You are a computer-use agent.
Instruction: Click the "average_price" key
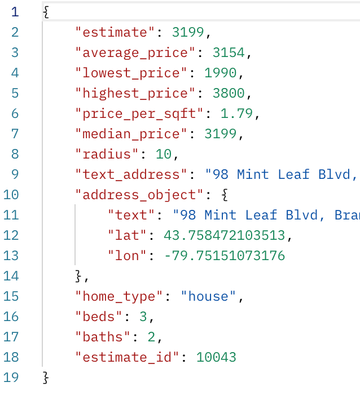(135, 52)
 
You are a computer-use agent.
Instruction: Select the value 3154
(229, 52)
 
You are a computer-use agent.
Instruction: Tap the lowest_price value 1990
(220, 73)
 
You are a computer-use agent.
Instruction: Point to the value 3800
(229, 93)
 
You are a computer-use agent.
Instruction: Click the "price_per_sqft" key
(139, 113)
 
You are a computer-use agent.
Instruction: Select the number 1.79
(236, 113)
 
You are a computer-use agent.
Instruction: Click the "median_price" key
(131, 134)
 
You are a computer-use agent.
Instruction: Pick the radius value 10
(164, 154)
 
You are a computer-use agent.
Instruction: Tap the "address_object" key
(139, 195)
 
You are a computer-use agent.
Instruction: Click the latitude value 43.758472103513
(224, 235)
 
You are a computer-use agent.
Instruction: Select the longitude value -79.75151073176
(224, 256)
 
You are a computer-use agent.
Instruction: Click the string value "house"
(208, 296)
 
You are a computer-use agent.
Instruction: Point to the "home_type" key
(119, 296)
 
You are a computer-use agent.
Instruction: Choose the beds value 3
(143, 317)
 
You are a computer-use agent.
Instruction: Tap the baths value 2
(151, 337)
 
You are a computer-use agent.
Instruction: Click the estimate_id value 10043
(216, 357)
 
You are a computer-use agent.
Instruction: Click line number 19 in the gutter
(11, 377)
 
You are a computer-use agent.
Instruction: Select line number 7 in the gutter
(15, 134)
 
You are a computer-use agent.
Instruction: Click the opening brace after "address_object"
(225, 195)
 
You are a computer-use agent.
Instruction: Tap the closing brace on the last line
(46, 377)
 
